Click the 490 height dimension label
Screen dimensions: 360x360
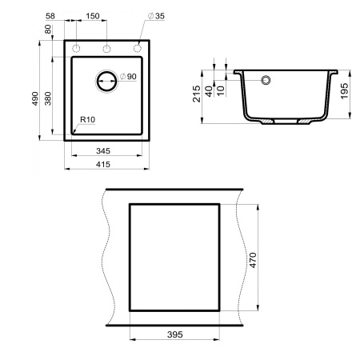pos(35,98)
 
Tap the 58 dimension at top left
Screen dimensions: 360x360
pos(51,15)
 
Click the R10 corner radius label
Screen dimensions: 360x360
pos(87,120)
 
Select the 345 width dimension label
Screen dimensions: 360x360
pos(106,149)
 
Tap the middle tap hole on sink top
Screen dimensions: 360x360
pos(106,49)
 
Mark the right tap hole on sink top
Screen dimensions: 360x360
pos(138,49)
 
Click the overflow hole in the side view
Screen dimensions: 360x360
pos(267,80)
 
